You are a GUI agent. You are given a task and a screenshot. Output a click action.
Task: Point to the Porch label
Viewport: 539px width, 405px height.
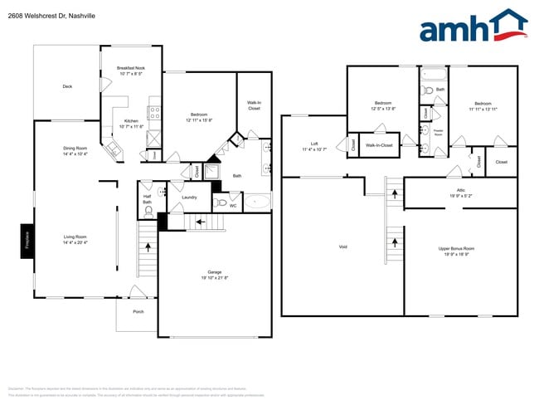tap(138, 312)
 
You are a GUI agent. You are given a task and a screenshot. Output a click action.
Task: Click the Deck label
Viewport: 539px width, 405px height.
tap(67, 86)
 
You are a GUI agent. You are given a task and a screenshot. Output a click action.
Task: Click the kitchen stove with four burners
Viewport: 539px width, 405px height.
tap(154, 112)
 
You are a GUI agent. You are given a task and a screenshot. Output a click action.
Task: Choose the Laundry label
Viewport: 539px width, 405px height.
tap(189, 197)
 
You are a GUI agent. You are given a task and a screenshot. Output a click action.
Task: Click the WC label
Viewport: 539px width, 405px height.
tap(232, 204)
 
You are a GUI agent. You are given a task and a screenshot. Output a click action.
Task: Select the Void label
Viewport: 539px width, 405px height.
tap(342, 247)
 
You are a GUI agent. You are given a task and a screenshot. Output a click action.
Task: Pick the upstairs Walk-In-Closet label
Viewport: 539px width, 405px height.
tap(379, 144)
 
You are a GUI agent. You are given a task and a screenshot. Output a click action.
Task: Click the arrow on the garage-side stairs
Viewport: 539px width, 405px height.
tap(198, 222)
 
